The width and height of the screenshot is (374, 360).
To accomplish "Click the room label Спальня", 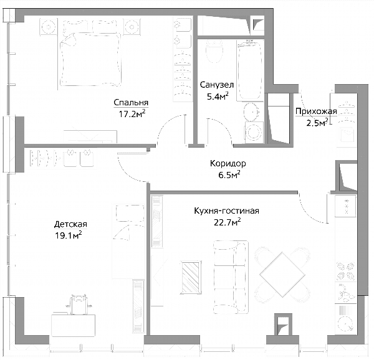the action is click(x=131, y=102).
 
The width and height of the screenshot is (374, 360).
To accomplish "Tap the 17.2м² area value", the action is click(x=132, y=113).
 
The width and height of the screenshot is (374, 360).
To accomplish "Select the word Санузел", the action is click(x=217, y=85).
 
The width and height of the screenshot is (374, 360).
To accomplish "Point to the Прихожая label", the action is click(x=316, y=111).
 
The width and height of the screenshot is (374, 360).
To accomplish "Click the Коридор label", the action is click(x=228, y=163).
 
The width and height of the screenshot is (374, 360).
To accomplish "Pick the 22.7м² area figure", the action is click(x=228, y=222).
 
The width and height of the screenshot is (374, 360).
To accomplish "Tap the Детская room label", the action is click(x=70, y=224).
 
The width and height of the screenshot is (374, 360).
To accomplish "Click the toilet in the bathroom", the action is click(x=214, y=52).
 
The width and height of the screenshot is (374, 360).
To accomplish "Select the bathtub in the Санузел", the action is click(x=250, y=70).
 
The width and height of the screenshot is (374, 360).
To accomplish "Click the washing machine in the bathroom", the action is click(x=254, y=133).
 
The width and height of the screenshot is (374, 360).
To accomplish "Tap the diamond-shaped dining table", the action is click(x=282, y=275).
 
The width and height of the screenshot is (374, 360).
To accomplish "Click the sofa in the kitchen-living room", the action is click(x=231, y=277).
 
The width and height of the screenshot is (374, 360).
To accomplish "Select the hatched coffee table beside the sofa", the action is click(x=191, y=277).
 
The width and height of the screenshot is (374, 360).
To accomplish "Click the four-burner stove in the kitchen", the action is click(x=345, y=271).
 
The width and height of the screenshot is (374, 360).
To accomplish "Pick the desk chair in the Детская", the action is click(x=79, y=304).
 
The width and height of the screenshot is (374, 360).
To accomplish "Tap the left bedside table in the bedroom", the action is click(x=49, y=27).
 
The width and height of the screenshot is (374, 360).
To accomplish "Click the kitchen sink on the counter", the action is click(x=346, y=293).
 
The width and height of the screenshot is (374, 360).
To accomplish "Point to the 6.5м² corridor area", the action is click(x=229, y=175).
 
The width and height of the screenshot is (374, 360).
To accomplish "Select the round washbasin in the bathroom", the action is click(x=252, y=111).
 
